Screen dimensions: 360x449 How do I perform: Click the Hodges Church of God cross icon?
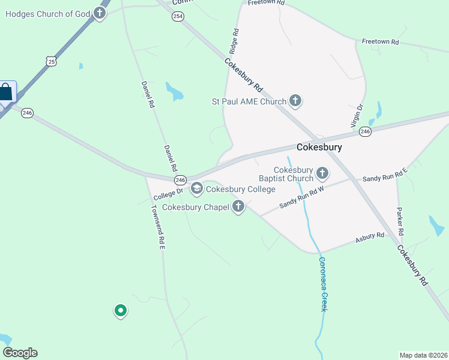[100, 13]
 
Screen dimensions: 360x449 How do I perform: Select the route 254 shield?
[178, 16]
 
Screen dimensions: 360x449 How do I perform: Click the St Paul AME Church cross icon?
[295, 101]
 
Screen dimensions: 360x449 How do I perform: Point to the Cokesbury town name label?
[319, 147]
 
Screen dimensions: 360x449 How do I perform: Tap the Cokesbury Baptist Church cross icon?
[322, 174]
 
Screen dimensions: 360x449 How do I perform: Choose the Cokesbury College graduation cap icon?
[196, 189]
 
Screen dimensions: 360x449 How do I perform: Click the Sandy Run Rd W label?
[302, 197]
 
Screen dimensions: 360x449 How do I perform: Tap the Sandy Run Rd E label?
[385, 175]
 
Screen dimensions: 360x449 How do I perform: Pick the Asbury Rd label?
[369, 237]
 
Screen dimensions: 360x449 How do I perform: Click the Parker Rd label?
[400, 221]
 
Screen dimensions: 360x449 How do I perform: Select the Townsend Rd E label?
[157, 227]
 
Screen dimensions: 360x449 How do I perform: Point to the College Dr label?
[167, 193]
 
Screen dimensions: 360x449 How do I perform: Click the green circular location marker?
[121, 310]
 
